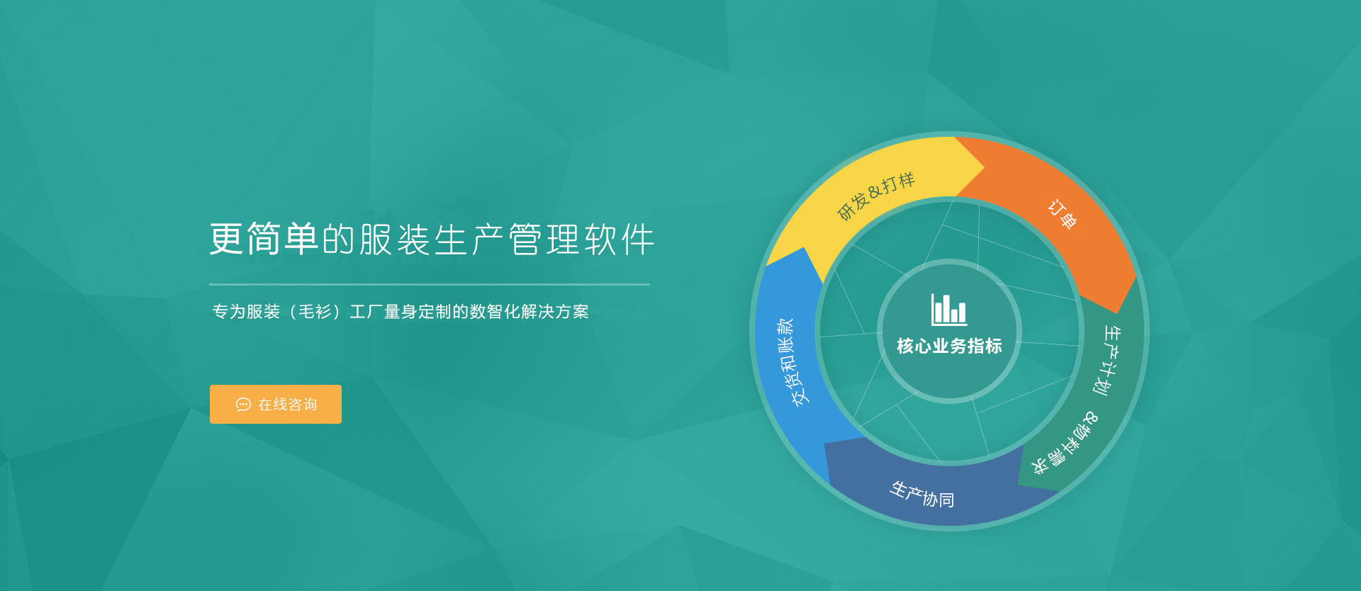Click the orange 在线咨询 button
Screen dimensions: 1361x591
click(276, 404)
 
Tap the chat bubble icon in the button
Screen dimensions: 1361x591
click(243, 405)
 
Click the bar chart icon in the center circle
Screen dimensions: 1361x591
click(948, 310)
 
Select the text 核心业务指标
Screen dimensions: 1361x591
click(949, 346)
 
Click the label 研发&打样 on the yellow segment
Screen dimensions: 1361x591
click(876, 196)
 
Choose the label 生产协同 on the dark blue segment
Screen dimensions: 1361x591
click(922, 494)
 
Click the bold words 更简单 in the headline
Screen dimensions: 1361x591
click(264, 239)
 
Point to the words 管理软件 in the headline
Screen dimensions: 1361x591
click(582, 240)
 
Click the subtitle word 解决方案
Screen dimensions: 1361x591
click(555, 312)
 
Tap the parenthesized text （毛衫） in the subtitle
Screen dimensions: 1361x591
click(315, 312)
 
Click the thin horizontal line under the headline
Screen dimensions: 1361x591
click(430, 284)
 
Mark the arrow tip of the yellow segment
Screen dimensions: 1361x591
click(985, 167)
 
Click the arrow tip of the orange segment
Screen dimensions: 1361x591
click(1118, 313)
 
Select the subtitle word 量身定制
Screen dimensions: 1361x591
click(418, 312)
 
